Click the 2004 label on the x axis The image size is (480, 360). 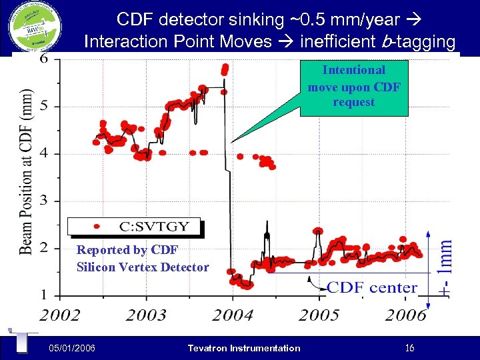pyautogui.click(x=233, y=315)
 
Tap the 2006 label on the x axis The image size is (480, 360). pyautogui.click(x=405, y=315)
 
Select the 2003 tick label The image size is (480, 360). pyautogui.click(x=146, y=315)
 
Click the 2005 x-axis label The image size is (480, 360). pyautogui.click(x=319, y=315)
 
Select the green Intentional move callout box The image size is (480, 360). pyautogui.click(x=353, y=87)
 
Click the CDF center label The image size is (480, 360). pyautogui.click(x=372, y=288)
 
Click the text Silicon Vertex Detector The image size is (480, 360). pyautogui.click(x=143, y=267)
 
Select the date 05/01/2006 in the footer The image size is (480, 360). pyautogui.click(x=72, y=348)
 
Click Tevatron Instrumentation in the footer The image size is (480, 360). pyautogui.click(x=244, y=348)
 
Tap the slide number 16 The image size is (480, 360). pyautogui.click(x=410, y=348)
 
